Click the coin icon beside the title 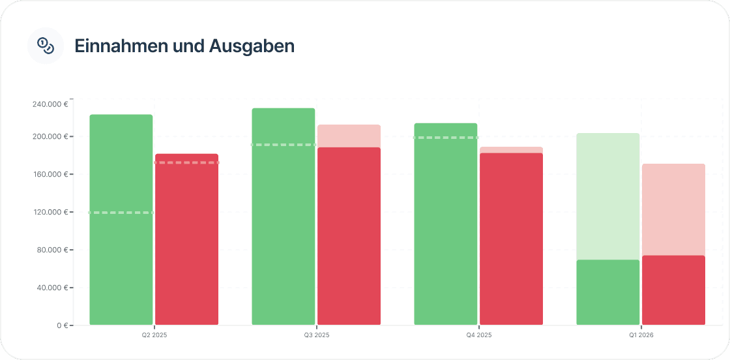(x=46, y=46)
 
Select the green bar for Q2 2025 (x=121, y=261)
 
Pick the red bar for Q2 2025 (x=186, y=248)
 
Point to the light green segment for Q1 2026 (x=608, y=196)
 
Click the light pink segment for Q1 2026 (x=673, y=209)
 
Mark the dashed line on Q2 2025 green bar (x=121, y=213)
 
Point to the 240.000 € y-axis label (x=50, y=104)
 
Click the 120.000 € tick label (x=50, y=212)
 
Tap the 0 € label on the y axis (x=62, y=325)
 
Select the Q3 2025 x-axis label (x=317, y=335)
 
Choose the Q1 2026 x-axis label (x=641, y=335)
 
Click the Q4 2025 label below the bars (x=479, y=335)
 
